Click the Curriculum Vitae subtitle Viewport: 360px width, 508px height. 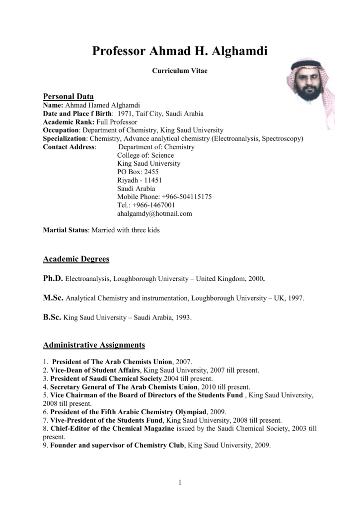pos(179,71)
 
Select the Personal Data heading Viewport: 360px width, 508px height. pos(69,96)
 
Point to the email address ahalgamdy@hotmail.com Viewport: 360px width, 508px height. pos(154,213)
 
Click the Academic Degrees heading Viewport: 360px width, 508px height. pos(76,259)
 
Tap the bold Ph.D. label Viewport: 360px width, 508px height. pos(53,279)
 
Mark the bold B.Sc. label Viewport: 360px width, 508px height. pos(52,317)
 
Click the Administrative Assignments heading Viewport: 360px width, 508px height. pos(94,345)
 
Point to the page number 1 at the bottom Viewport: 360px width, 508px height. pos(180,483)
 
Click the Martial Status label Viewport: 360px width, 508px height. pos(65,231)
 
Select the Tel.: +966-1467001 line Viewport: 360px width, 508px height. pos(146,205)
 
